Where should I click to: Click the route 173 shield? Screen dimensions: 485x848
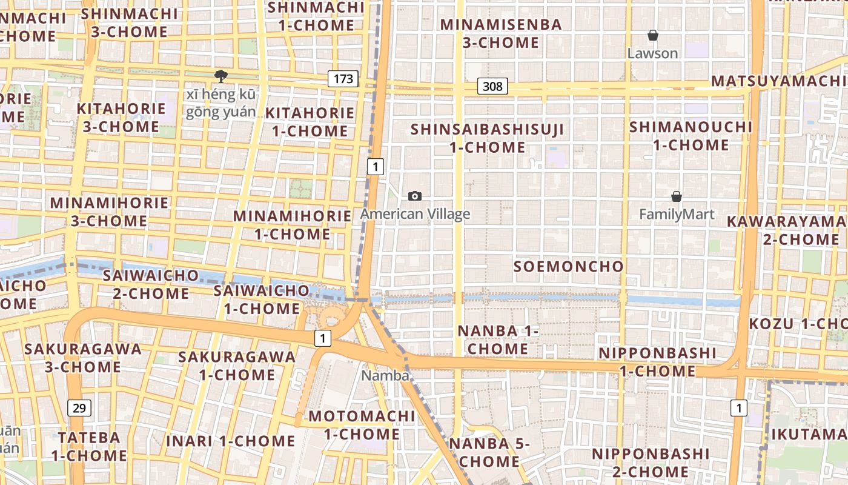click(x=343, y=78)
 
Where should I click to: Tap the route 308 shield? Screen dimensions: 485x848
click(x=492, y=86)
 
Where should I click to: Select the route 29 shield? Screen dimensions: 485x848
click(x=79, y=408)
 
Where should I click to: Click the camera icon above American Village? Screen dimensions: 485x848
click(x=415, y=196)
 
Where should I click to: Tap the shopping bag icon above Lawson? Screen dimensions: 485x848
click(x=653, y=36)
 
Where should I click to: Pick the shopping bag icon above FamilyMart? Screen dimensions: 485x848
click(x=677, y=196)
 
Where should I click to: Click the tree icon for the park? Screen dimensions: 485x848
click(x=220, y=76)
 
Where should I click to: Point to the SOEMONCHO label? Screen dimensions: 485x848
click(x=568, y=266)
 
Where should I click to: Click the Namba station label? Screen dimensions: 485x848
click(x=385, y=375)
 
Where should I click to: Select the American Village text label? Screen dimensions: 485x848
click(x=415, y=214)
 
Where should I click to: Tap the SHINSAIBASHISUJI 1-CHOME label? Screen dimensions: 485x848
click(x=487, y=138)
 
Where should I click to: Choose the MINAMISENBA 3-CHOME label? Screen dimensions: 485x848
click(x=501, y=33)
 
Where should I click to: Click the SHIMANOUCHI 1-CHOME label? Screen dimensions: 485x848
click(x=691, y=136)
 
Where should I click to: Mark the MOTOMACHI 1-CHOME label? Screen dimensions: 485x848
click(x=362, y=425)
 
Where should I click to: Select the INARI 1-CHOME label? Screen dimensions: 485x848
click(x=230, y=441)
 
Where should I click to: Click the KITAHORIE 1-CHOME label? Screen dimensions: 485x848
click(x=310, y=122)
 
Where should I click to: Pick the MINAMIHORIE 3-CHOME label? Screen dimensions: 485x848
click(x=109, y=212)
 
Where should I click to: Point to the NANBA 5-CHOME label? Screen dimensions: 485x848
click(x=489, y=452)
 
